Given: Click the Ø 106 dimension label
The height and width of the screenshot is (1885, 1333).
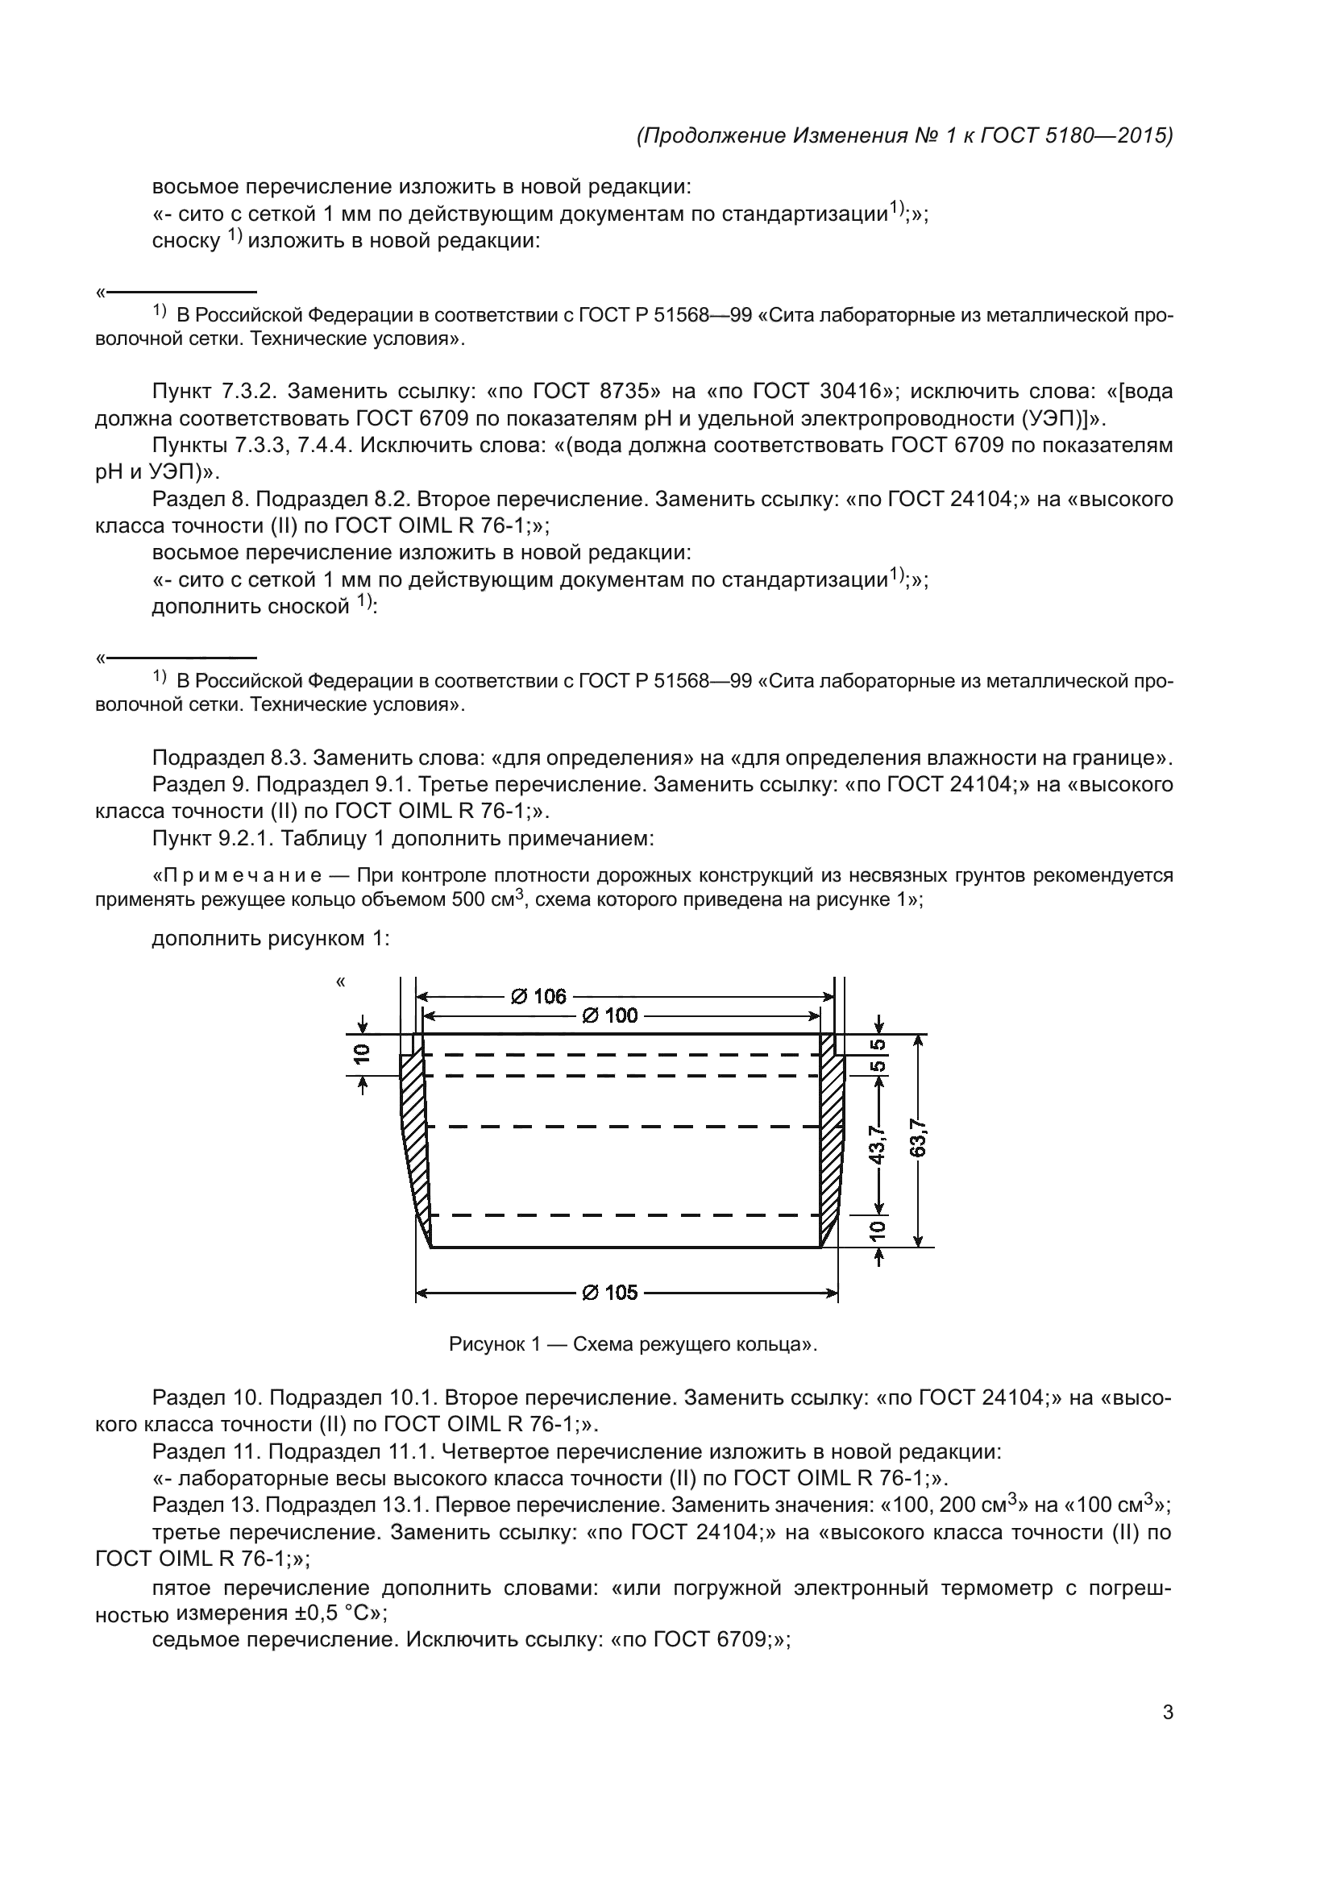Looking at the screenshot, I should tap(538, 996).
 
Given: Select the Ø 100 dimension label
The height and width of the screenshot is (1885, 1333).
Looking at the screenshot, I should tap(610, 1015).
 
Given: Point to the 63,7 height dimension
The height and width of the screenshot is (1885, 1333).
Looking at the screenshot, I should tap(919, 1140).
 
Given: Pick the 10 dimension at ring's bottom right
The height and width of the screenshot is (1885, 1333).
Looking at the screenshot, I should tap(878, 1229).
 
